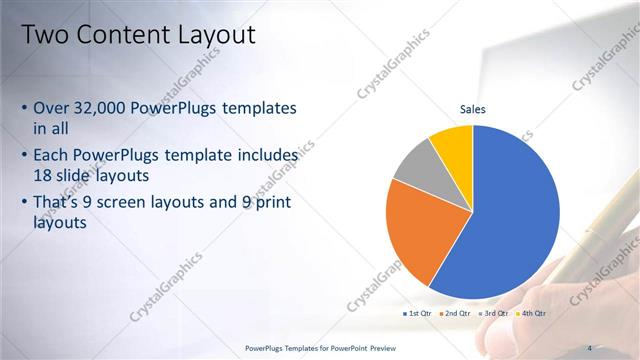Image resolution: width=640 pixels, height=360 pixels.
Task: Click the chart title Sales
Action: tap(473, 109)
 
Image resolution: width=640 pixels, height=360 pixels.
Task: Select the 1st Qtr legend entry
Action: tap(417, 313)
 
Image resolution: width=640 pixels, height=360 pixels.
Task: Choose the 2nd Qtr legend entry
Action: tap(455, 313)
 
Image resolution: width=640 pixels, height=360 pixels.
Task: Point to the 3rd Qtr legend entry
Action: tap(494, 313)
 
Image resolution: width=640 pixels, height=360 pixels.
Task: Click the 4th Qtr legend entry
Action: tap(531, 313)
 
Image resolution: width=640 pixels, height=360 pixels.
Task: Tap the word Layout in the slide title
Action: tap(216, 36)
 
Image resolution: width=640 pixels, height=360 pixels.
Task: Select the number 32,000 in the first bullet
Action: tap(106, 108)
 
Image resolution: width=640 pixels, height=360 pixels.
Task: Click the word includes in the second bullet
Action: tap(265, 156)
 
